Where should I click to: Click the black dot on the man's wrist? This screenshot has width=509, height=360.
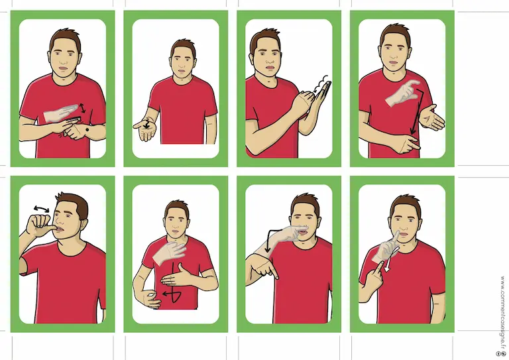click(87, 130)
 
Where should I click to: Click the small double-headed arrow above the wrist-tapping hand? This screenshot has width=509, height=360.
click(83, 108)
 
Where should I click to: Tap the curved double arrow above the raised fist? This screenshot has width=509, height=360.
click(42, 209)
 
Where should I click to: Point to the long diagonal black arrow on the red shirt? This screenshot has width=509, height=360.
click(416, 112)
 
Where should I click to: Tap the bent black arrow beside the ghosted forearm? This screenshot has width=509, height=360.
click(272, 240)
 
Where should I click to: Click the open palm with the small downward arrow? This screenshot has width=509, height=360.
click(144, 129)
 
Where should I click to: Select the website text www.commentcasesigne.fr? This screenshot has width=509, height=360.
click(503, 312)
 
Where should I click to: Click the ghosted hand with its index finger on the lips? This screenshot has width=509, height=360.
click(387, 247)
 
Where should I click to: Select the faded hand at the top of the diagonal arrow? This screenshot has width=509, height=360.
click(402, 93)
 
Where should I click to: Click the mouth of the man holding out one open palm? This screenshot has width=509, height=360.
click(181, 72)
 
